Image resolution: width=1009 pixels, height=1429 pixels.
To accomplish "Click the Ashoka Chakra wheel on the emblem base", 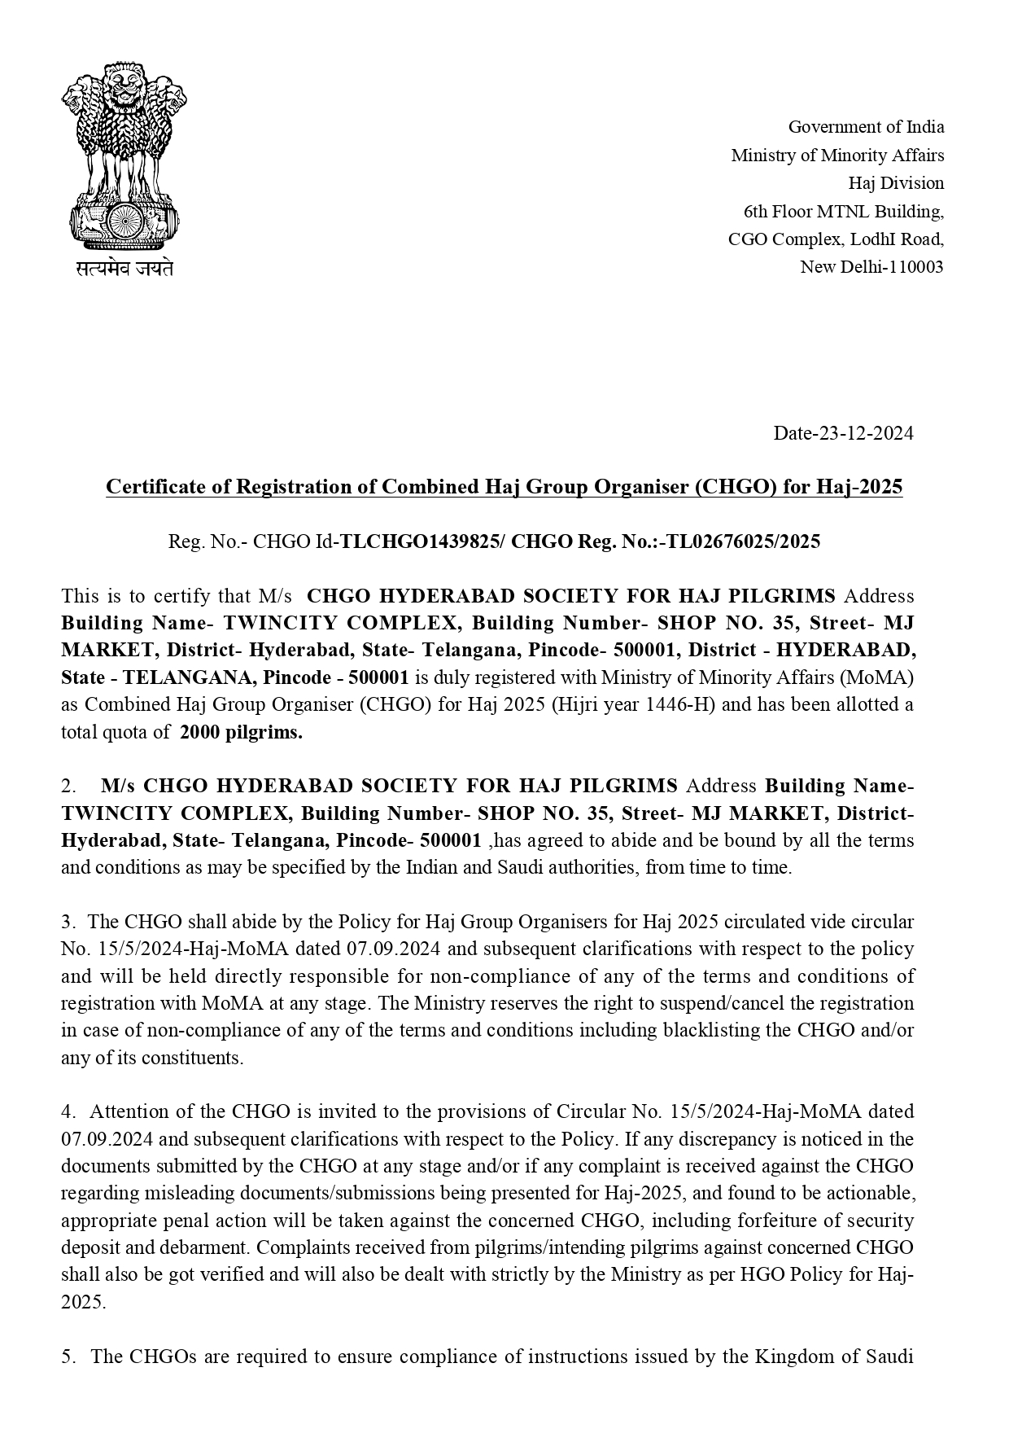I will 124,220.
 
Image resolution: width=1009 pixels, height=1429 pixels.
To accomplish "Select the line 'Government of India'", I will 866,127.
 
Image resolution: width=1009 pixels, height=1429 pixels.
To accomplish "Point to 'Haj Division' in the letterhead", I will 896,182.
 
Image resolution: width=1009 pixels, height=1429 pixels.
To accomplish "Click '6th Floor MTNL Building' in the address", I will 844,212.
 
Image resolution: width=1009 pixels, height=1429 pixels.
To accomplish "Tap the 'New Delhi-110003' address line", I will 871,267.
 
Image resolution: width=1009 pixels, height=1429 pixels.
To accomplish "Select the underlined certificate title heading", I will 504,487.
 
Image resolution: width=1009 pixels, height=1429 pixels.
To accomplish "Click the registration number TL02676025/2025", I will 743,541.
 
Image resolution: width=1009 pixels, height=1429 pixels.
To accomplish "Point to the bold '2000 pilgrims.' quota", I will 241,732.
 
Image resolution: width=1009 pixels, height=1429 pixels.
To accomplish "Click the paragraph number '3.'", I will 68,922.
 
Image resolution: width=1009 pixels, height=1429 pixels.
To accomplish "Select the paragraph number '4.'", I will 68,1111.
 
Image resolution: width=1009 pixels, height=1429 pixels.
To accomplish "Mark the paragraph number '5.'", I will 68,1357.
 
